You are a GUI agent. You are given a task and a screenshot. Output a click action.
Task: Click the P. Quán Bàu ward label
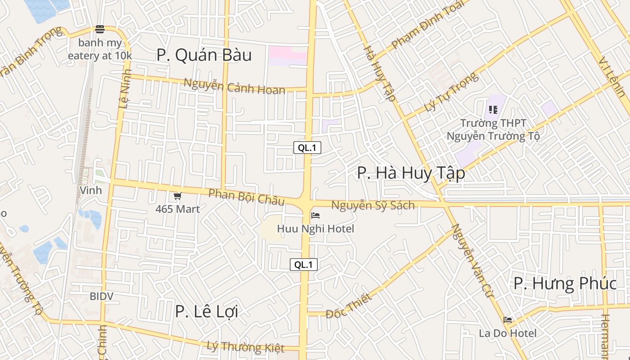204,55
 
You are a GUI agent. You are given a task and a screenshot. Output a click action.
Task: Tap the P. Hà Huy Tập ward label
411,173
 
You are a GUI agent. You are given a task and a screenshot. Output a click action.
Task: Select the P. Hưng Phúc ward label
565,283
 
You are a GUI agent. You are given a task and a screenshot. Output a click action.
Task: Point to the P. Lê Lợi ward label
206,311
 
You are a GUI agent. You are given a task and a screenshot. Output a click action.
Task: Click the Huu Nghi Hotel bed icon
315,216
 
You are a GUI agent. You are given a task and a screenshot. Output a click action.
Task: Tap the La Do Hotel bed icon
508,320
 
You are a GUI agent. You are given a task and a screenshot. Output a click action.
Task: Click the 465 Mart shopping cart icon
177,196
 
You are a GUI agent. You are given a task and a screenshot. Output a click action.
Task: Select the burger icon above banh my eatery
99,29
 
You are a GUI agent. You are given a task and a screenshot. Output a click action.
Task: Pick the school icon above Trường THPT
493,109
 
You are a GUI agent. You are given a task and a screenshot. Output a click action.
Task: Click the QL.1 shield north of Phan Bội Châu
307,148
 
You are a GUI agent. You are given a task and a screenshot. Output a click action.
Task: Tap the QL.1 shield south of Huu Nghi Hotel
303,265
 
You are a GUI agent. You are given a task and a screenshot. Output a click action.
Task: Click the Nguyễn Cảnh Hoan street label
234,86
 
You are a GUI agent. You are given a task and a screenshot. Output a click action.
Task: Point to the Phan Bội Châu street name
247,197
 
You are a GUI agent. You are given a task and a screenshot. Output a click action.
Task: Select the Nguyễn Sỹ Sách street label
373,206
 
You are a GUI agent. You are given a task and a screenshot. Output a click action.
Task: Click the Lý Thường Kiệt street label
245,347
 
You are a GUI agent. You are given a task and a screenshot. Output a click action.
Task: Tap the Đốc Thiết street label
349,306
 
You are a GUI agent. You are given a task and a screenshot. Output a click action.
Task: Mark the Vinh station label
90,190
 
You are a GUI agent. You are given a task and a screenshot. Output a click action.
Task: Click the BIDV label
101,297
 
